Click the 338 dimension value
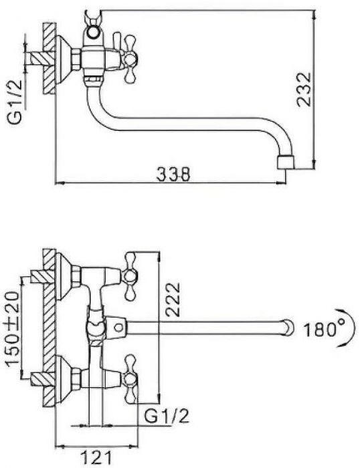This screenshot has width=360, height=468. (x=173, y=174)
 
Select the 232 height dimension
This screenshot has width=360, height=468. (x=304, y=89)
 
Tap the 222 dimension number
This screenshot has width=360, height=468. (x=173, y=300)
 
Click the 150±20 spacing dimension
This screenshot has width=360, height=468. (x=13, y=329)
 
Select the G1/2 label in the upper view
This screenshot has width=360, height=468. (x=15, y=102)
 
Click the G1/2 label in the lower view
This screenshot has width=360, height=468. (x=167, y=416)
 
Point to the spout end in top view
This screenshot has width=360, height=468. (x=288, y=328)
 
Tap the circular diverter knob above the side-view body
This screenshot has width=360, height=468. (x=94, y=32)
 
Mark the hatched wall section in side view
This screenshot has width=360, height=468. (x=50, y=59)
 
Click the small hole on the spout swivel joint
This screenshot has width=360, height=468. (x=119, y=328)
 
